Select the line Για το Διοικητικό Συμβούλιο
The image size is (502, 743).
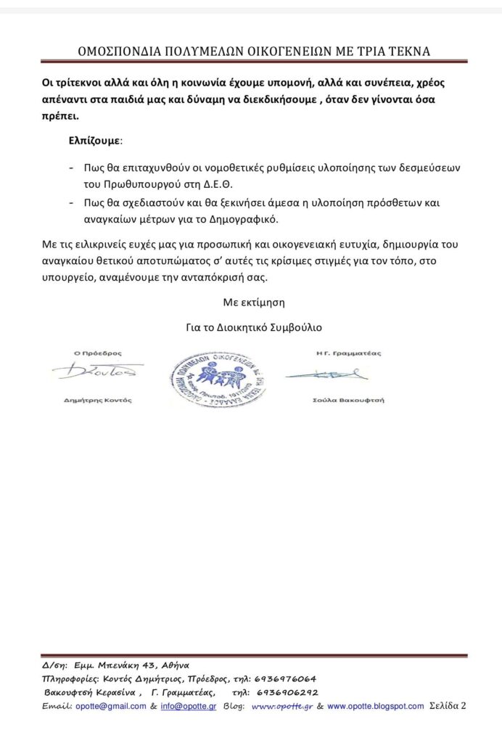click(x=254, y=327)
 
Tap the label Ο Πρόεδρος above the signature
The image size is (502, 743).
click(x=99, y=353)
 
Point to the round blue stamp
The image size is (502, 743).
click(x=218, y=376)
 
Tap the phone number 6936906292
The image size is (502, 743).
click(x=287, y=692)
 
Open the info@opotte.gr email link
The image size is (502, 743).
click(x=188, y=706)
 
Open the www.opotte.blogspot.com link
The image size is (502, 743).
click(x=375, y=706)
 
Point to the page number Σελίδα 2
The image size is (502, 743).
click(x=447, y=705)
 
